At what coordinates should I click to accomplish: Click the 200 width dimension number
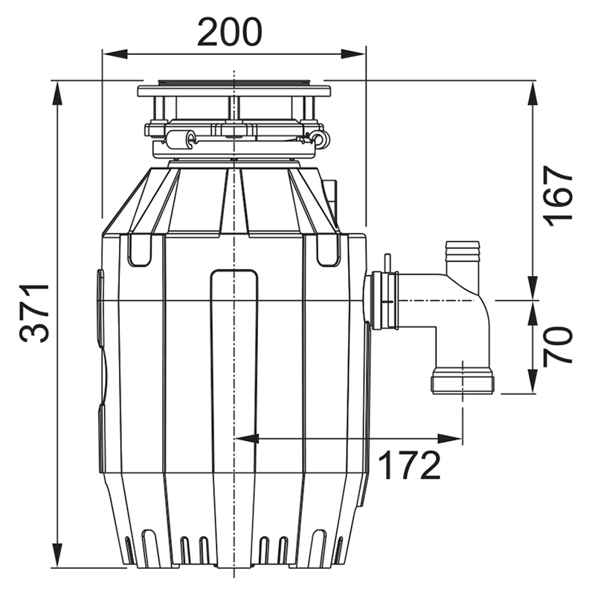pos(230,32)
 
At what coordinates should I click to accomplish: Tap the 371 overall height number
pos(34,312)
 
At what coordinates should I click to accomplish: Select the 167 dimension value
pos(557,196)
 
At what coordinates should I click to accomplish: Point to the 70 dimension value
pos(557,347)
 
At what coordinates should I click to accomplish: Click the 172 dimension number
pos(410,466)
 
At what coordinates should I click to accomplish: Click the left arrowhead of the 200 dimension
pos(115,54)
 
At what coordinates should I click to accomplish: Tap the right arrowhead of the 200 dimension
pos(353,54)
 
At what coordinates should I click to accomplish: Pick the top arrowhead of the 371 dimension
pos(57,94)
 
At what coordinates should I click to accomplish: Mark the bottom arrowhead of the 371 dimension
pos(57,555)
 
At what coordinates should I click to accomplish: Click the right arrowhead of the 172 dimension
pos(450,439)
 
